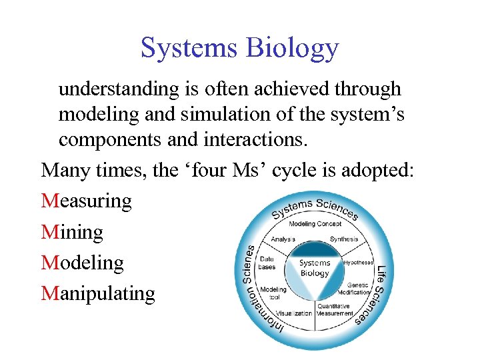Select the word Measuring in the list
[87, 201]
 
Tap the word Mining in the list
[72, 232]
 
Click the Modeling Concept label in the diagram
[315, 224]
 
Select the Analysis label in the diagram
[284, 239]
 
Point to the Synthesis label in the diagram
[343, 239]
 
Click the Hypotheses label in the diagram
[359, 263]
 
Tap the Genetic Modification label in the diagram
[353, 289]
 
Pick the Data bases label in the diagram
[267, 263]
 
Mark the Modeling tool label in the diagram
[273, 293]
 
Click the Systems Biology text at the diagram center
[315, 268]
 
